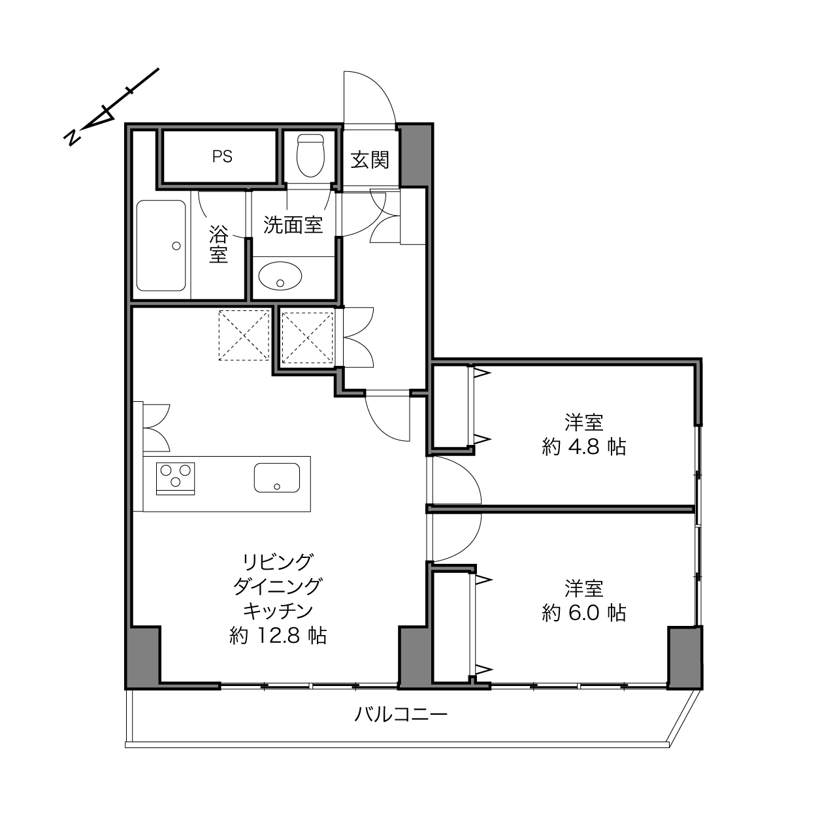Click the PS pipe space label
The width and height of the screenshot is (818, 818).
222,157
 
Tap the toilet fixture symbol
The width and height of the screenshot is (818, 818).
310,155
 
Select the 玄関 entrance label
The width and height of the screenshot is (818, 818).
370,161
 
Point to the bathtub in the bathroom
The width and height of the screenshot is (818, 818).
161,246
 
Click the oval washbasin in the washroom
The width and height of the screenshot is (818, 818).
280,276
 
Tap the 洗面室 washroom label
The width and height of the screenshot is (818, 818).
293,225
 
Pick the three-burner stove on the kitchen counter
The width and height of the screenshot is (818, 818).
175,478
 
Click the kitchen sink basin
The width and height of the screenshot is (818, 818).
277,478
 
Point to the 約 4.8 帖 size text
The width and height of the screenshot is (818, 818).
583,447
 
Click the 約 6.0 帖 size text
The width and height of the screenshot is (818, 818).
583,613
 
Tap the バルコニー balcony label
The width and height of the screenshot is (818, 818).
401,715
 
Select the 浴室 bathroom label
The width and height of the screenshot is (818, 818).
219,244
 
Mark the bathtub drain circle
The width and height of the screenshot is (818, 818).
176,246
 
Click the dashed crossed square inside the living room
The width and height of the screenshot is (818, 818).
244,335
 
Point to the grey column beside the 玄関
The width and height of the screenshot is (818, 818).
415,155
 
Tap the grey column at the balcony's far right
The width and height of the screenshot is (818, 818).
685,657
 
